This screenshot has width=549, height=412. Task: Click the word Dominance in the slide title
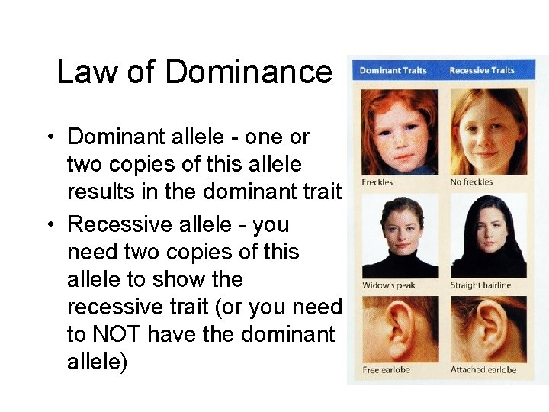click(249, 72)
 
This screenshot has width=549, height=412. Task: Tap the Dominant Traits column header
click(393, 71)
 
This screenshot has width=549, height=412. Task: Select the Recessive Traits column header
click(481, 71)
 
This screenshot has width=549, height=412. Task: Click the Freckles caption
click(377, 182)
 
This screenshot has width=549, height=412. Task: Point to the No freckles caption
click(472, 182)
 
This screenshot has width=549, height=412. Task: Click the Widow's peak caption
click(388, 285)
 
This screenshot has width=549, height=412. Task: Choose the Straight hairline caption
click(480, 285)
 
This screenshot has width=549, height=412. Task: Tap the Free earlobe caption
click(386, 370)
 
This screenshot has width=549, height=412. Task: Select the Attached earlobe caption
click(483, 370)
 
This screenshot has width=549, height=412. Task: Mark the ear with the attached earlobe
click(488, 328)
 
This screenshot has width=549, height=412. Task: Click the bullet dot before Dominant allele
click(48, 137)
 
